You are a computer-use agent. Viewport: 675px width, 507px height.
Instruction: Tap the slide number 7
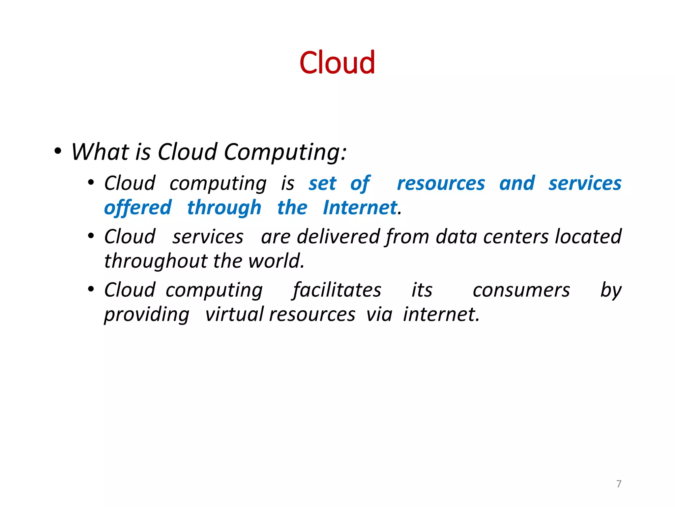click(619, 484)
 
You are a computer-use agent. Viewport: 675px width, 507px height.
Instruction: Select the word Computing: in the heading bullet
click(285, 152)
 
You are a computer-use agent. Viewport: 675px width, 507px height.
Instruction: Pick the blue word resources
click(441, 184)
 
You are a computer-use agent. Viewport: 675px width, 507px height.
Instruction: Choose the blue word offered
click(138, 208)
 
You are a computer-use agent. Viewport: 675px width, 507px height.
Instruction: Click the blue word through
click(224, 208)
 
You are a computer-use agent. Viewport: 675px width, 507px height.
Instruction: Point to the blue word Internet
click(360, 208)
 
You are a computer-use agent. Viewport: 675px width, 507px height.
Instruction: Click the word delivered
click(338, 237)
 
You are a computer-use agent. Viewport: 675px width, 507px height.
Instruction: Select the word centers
click(516, 237)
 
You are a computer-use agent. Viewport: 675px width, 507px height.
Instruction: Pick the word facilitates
click(337, 290)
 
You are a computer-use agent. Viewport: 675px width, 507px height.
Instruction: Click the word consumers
click(521, 290)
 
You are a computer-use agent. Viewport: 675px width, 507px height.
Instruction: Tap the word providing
click(147, 315)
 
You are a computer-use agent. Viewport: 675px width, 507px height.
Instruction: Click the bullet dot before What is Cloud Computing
click(58, 152)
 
